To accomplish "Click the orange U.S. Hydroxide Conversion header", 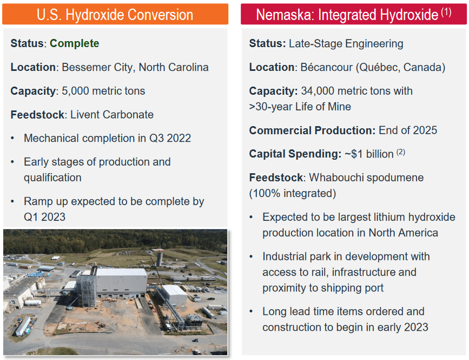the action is (115, 14).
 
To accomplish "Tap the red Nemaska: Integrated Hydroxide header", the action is (354, 14).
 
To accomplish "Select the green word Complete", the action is (74, 43).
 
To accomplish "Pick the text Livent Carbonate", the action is (112, 115).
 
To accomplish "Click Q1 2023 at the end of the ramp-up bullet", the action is (44, 217).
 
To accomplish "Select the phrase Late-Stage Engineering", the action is (346, 44).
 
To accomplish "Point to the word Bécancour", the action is (326, 67).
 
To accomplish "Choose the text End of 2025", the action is (408, 130).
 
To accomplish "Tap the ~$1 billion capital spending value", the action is (369, 154).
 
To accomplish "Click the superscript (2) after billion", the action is (401, 152).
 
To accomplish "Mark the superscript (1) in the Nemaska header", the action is (446, 12).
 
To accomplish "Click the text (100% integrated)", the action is (293, 194).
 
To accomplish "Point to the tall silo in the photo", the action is (160, 259).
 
